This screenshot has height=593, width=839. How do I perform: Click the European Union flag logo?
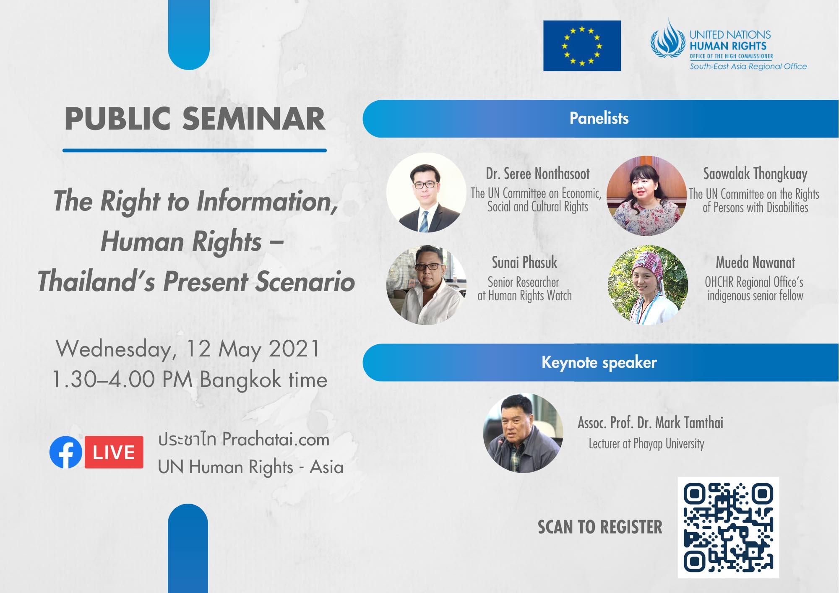(582, 46)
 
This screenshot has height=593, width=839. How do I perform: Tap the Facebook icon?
(66, 452)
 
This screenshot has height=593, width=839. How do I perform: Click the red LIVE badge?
(114, 452)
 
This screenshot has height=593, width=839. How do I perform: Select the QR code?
(728, 528)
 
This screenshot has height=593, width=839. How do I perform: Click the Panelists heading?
(599, 118)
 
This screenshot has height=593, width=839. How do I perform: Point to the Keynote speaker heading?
(599, 362)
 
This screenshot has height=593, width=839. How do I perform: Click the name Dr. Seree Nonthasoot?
(538, 174)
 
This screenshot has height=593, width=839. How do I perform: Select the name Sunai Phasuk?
(524, 263)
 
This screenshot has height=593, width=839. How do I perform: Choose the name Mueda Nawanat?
(755, 263)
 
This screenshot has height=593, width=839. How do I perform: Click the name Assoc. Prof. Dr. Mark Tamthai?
(651, 423)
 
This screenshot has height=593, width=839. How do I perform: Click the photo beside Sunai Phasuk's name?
(426, 285)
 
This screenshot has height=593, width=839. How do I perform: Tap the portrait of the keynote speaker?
(523, 433)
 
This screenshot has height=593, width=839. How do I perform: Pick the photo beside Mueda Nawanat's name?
(648, 285)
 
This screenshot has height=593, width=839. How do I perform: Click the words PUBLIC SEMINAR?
(195, 119)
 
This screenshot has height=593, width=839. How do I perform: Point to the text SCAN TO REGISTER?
(600, 527)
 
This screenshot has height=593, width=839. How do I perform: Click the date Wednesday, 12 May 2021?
(188, 349)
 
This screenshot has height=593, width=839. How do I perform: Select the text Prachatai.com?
(276, 440)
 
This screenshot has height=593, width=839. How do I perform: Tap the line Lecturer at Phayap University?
(646, 444)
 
